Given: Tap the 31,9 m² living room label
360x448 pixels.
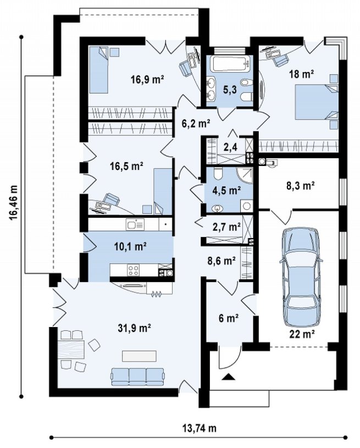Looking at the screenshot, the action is (x=134, y=328).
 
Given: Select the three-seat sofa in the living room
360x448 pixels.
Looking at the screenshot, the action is (x=138, y=377).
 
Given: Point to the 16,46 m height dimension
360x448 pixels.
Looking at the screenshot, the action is (x=13, y=203).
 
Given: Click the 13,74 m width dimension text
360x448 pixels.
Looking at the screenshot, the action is (x=199, y=428).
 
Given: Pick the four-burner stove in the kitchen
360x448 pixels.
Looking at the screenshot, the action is (x=133, y=270).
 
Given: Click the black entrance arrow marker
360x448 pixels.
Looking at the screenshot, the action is (x=228, y=377).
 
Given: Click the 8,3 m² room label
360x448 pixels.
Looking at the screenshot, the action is (x=300, y=186).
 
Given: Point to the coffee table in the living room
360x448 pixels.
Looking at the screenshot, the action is (x=140, y=356).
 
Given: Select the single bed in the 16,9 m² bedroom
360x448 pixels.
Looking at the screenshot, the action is (x=99, y=70).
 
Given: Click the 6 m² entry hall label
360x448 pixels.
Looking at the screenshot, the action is (x=229, y=318).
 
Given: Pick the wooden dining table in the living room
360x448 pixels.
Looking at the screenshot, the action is (x=71, y=350).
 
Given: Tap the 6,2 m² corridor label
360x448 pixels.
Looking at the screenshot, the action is (x=196, y=124).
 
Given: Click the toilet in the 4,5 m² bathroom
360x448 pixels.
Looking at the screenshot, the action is (x=218, y=173).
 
